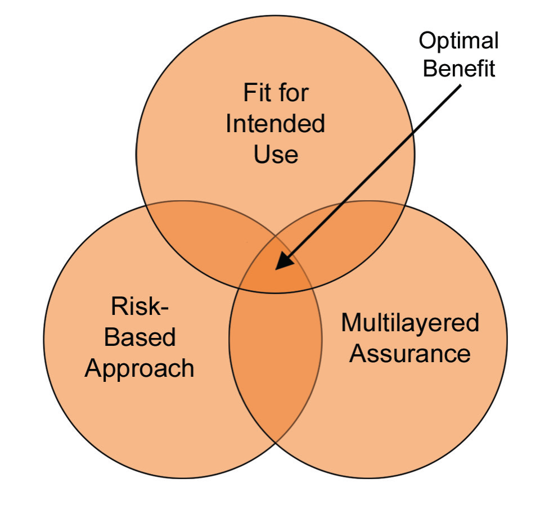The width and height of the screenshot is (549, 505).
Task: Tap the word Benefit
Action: (x=458, y=69)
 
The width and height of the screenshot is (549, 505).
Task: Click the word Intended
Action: (x=276, y=124)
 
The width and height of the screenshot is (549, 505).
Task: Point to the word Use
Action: (x=276, y=154)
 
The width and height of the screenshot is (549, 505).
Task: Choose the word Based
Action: (x=140, y=337)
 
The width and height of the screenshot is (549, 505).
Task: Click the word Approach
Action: (x=139, y=369)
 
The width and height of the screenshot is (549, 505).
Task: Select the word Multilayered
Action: (x=410, y=323)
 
